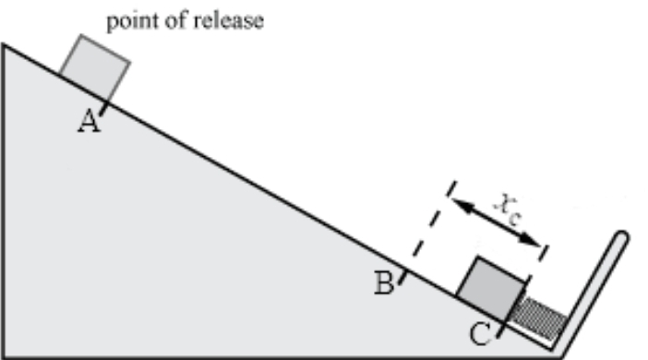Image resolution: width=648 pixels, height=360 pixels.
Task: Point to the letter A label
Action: [x=88, y=122]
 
